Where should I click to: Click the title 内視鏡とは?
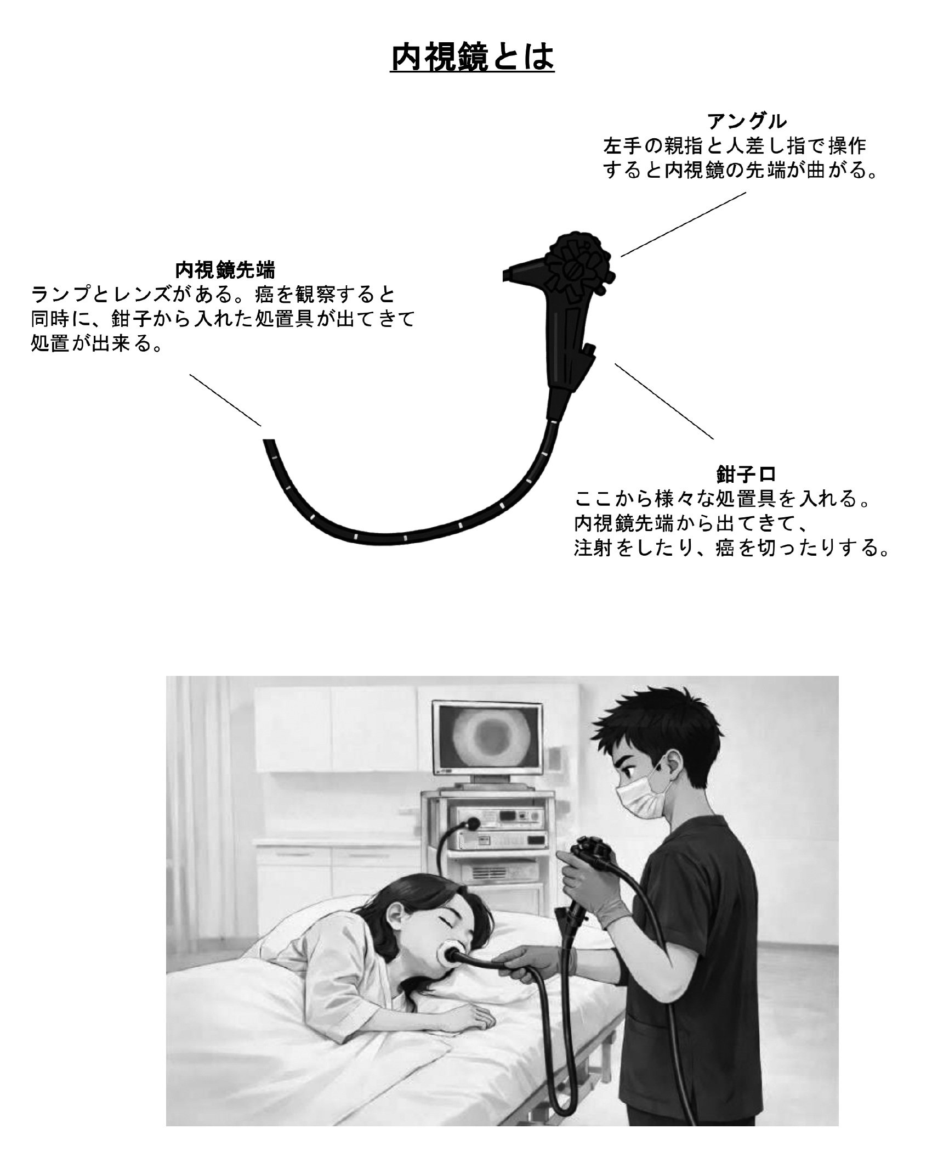tap(472, 58)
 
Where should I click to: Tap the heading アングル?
tap(747, 121)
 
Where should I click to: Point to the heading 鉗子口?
tap(746, 473)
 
